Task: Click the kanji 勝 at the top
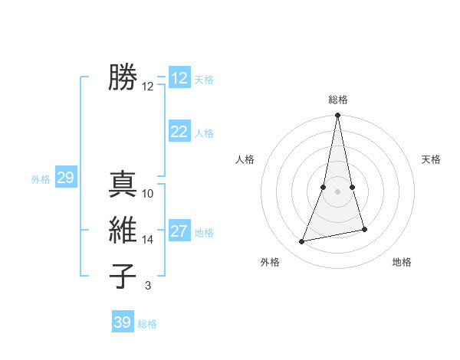point(123,77)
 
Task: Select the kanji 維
point(123,230)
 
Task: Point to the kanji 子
point(123,276)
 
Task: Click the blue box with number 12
point(179,78)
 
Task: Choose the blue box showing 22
point(179,132)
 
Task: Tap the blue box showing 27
point(179,231)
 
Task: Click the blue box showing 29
point(65,178)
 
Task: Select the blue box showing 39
point(123,322)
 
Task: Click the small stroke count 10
point(148,193)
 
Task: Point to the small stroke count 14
point(148,240)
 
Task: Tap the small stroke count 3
point(148,286)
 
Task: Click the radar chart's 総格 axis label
point(338,100)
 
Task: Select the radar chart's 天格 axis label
point(431,159)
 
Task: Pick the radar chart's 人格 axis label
point(245,159)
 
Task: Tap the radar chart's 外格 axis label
point(270,262)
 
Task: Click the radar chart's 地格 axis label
point(402,262)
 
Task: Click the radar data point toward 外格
point(302,242)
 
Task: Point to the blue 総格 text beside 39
point(147,324)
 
